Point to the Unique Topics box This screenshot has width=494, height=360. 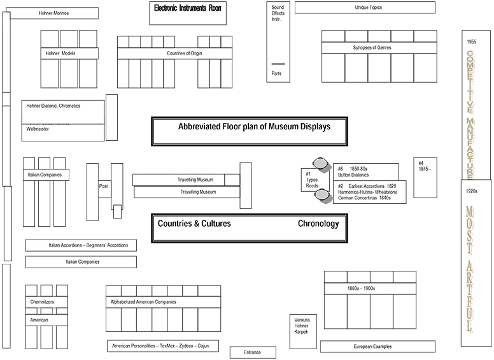click(x=365, y=8)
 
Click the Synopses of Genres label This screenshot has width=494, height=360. click(x=372, y=48)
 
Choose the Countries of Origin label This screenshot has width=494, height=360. click(x=184, y=54)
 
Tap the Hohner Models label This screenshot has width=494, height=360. click(x=61, y=54)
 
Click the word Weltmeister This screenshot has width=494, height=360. click(x=38, y=129)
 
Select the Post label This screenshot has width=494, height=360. click(x=104, y=186)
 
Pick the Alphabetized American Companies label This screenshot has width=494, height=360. click(x=144, y=302)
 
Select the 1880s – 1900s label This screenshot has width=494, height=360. click(x=362, y=289)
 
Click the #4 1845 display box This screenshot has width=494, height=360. click(x=425, y=167)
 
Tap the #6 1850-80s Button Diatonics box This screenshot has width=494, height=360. click(x=366, y=171)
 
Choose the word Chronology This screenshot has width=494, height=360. click(x=318, y=224)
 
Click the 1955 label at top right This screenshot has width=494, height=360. click(x=471, y=42)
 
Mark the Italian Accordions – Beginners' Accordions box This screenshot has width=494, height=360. click(x=81, y=245)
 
